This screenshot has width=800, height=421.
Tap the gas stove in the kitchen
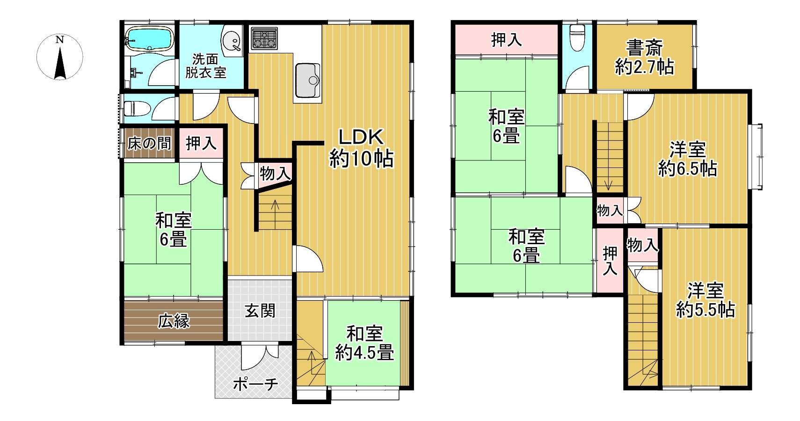tap(264, 38)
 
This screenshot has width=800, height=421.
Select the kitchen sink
tap(307, 80)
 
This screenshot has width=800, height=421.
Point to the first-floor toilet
tap(137, 108)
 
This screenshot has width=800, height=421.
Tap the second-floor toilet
tap(577, 37)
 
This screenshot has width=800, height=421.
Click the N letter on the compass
tap(59, 40)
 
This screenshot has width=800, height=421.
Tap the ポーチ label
tap(255, 384)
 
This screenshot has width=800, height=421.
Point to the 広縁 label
tap(174, 321)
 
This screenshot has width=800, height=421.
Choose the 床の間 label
tap(149, 144)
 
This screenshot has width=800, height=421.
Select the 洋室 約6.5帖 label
tap(688, 159)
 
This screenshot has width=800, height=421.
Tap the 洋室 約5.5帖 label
tap(705, 300)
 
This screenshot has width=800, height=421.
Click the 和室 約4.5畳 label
tap(364, 343)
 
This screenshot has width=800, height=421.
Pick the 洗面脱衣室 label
tap(206, 65)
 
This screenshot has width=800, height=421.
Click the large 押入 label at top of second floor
tap(506, 40)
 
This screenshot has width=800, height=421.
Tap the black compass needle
tap(60, 64)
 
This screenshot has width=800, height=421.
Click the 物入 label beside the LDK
tap(275, 174)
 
